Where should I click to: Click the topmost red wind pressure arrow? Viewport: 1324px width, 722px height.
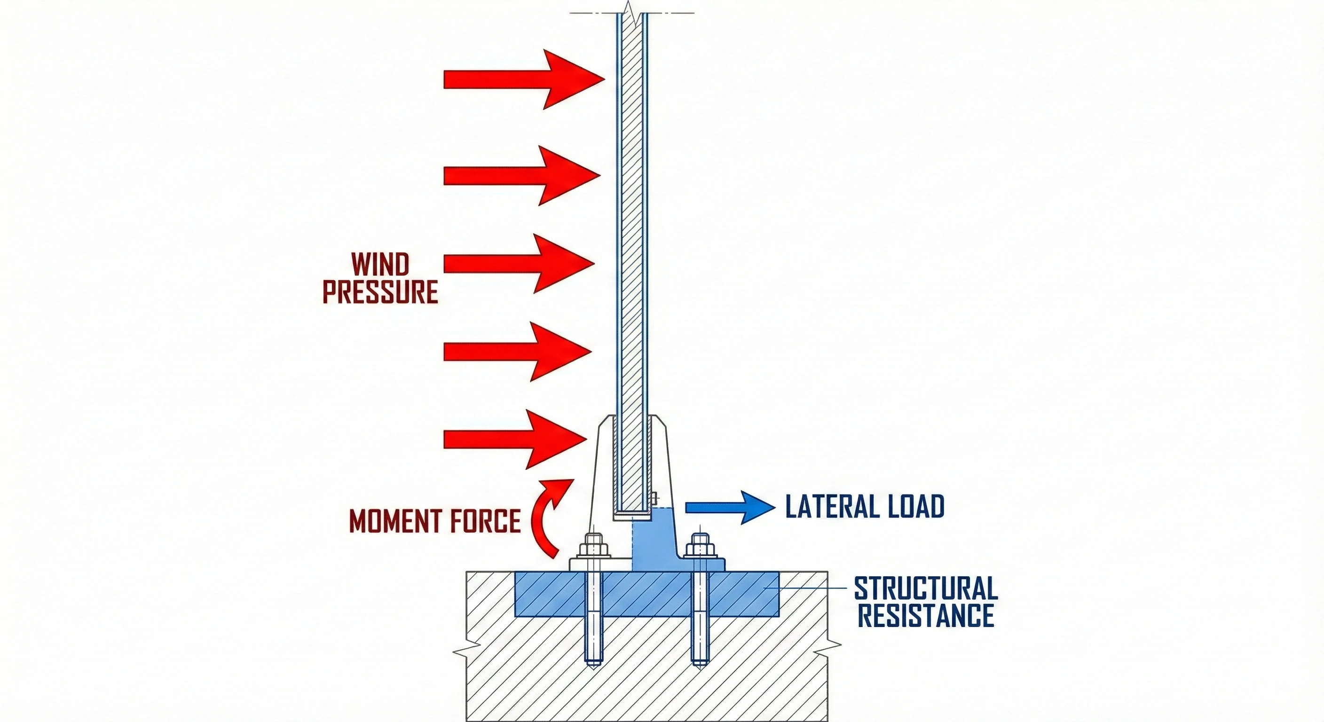point(519,79)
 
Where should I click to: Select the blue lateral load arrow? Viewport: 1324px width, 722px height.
point(730,507)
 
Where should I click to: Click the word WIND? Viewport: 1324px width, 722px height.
point(380,265)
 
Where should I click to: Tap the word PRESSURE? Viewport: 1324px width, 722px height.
point(380,292)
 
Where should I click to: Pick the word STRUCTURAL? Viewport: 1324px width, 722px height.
point(926,589)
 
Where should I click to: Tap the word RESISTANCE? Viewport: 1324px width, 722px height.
point(926,616)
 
